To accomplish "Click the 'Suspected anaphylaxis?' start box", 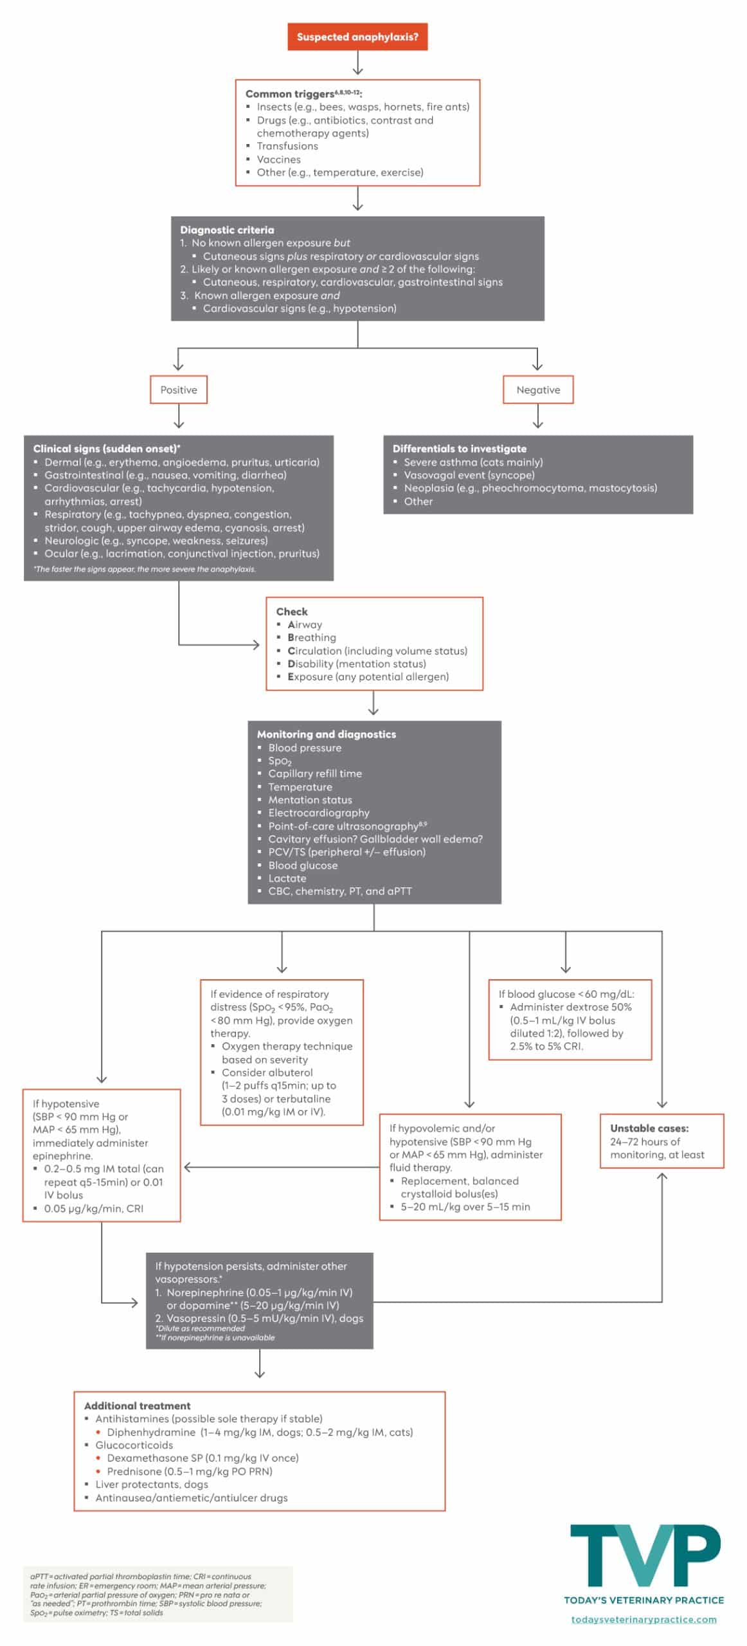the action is (357, 37).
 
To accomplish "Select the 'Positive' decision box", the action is (179, 390).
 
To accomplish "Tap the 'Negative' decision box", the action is (538, 390).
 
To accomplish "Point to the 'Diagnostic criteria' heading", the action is (227, 230).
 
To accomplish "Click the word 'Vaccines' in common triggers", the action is (278, 159).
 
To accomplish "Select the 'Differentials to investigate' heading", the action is (459, 449).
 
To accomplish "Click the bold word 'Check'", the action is (292, 611).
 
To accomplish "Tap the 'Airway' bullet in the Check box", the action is (305, 624).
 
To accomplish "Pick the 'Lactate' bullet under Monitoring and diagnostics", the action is (287, 878).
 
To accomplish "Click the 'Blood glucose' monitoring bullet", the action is (303, 865).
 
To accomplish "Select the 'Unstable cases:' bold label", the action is (649, 1128).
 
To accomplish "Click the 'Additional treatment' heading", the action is (137, 1406).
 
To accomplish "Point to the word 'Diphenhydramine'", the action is (151, 1433).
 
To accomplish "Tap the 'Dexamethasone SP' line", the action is (203, 1458).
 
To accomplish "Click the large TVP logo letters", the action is (645, 1556).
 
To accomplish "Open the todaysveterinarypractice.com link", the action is (644, 1620).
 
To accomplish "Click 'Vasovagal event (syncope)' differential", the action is (469, 475).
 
